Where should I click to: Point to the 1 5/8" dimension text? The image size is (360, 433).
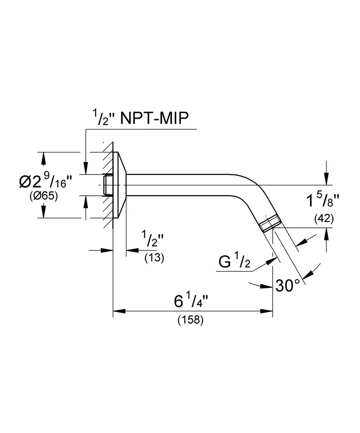coord(322,200)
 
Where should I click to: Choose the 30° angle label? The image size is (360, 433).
coord(288,285)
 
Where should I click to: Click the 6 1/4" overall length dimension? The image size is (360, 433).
coord(191,301)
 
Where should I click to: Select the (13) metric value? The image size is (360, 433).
coord(154,258)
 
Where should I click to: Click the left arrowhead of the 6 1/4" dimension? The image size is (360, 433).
coord(118,310)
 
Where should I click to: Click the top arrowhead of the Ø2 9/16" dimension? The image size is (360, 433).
coord(43,158)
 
